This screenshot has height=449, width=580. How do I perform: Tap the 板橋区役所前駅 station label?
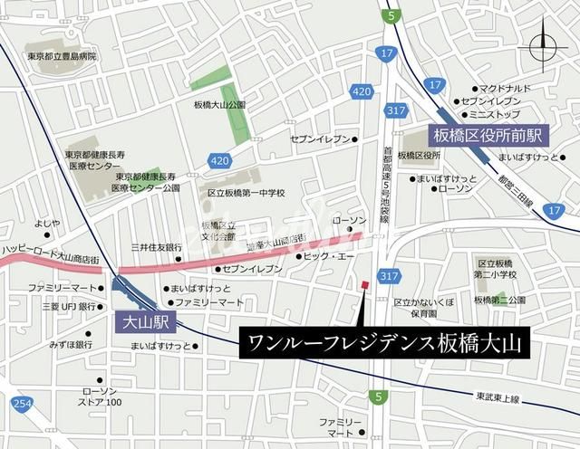pos(487,135)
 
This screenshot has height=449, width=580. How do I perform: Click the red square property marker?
pos(364,286)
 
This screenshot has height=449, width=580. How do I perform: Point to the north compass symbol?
pos(543,45)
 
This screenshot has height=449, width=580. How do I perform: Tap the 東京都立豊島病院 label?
pos(62,57)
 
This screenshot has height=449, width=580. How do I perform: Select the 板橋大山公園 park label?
pos(218,105)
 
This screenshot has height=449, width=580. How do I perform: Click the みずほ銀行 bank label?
pos(71,345)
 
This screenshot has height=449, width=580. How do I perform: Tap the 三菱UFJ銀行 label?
pos(63,307)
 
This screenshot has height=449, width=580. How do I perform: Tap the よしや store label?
pos(47,223)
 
